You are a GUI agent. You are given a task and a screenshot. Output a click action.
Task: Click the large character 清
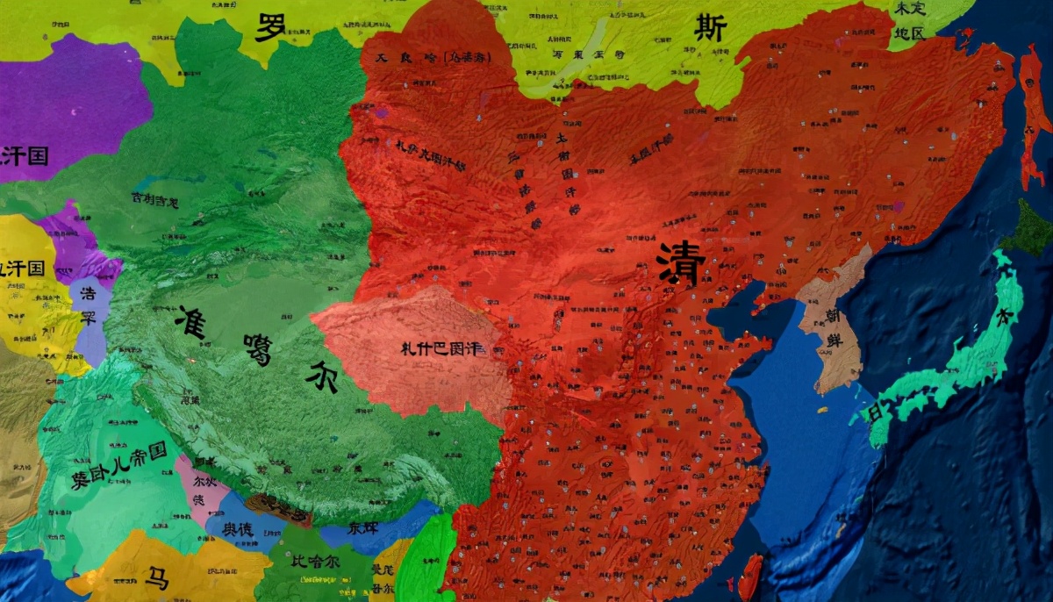click(x=682, y=262)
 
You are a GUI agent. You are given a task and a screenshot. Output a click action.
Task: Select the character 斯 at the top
click(x=710, y=28)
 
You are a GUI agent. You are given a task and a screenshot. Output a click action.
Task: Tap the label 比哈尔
click(x=318, y=560)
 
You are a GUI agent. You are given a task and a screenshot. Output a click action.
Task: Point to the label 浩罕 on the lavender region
click(x=88, y=305)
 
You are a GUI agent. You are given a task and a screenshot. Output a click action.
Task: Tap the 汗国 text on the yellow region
click(x=22, y=268)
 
